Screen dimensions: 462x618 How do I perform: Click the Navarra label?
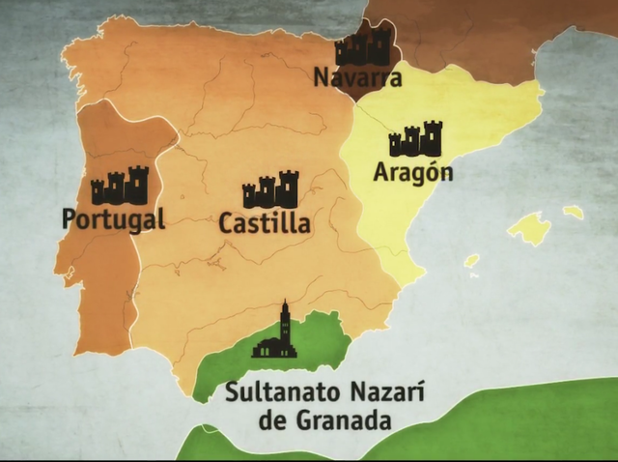[x=357, y=77]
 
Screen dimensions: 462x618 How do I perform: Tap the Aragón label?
[x=412, y=173]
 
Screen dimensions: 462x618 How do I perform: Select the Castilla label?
[x=265, y=223]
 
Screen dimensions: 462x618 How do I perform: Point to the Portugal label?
[x=114, y=218]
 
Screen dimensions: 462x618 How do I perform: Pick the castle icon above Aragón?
[x=415, y=140]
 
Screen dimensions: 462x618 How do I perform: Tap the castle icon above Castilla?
[x=270, y=190]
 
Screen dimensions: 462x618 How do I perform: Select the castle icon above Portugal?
[x=120, y=186]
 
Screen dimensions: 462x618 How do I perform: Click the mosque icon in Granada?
[x=275, y=334]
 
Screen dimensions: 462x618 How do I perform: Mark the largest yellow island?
[x=529, y=229]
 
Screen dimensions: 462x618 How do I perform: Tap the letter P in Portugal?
[x=70, y=217]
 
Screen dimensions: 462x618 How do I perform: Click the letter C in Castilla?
[x=228, y=223]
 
